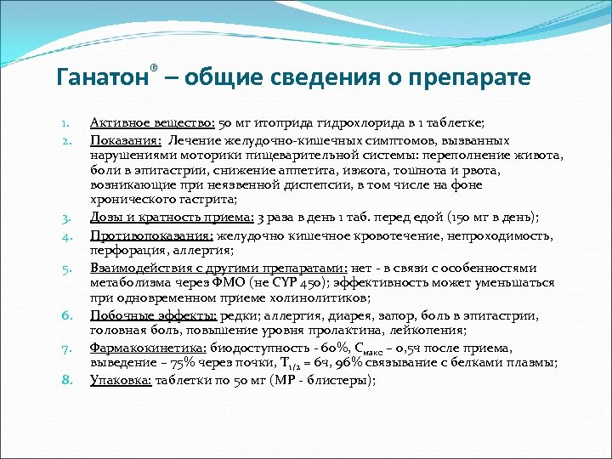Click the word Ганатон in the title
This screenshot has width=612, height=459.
click(102, 77)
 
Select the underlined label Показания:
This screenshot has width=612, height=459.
click(127, 139)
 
